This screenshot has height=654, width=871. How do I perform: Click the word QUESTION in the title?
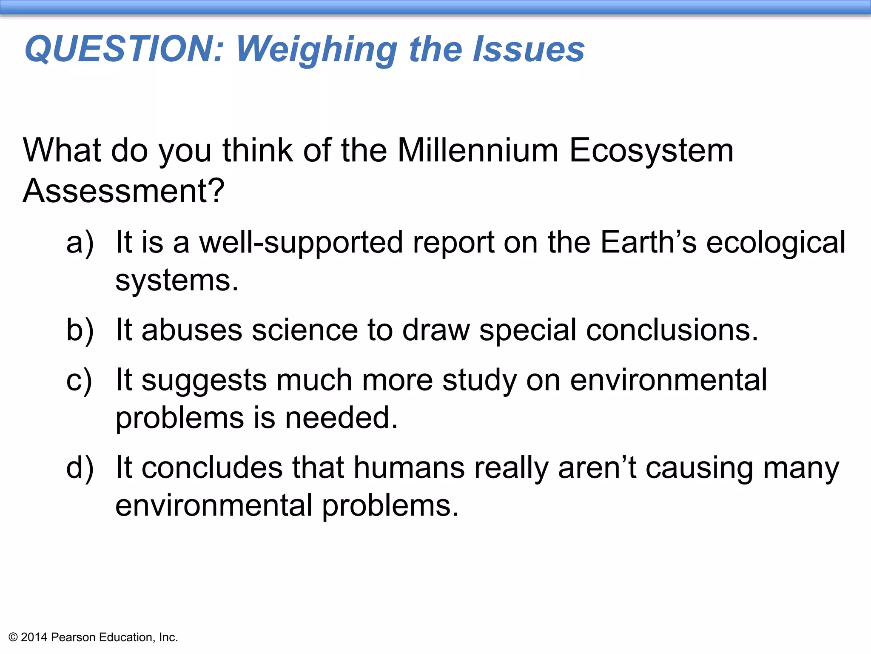click(124, 49)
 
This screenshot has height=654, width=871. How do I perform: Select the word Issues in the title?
click(529, 49)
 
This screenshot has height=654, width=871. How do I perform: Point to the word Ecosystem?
click(651, 152)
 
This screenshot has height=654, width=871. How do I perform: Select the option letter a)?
click(80, 243)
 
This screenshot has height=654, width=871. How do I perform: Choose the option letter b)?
click(80, 330)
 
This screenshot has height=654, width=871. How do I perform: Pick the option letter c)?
click(79, 380)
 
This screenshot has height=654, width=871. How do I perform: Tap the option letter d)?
click(80, 468)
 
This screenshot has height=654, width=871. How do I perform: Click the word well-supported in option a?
click(301, 243)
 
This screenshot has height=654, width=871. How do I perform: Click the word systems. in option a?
click(177, 281)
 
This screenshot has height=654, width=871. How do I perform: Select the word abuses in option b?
click(191, 330)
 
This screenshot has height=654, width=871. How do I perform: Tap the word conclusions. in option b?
click(672, 330)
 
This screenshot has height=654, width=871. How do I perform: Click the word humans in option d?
click(409, 468)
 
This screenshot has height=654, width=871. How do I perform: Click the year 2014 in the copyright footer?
click(34, 637)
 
